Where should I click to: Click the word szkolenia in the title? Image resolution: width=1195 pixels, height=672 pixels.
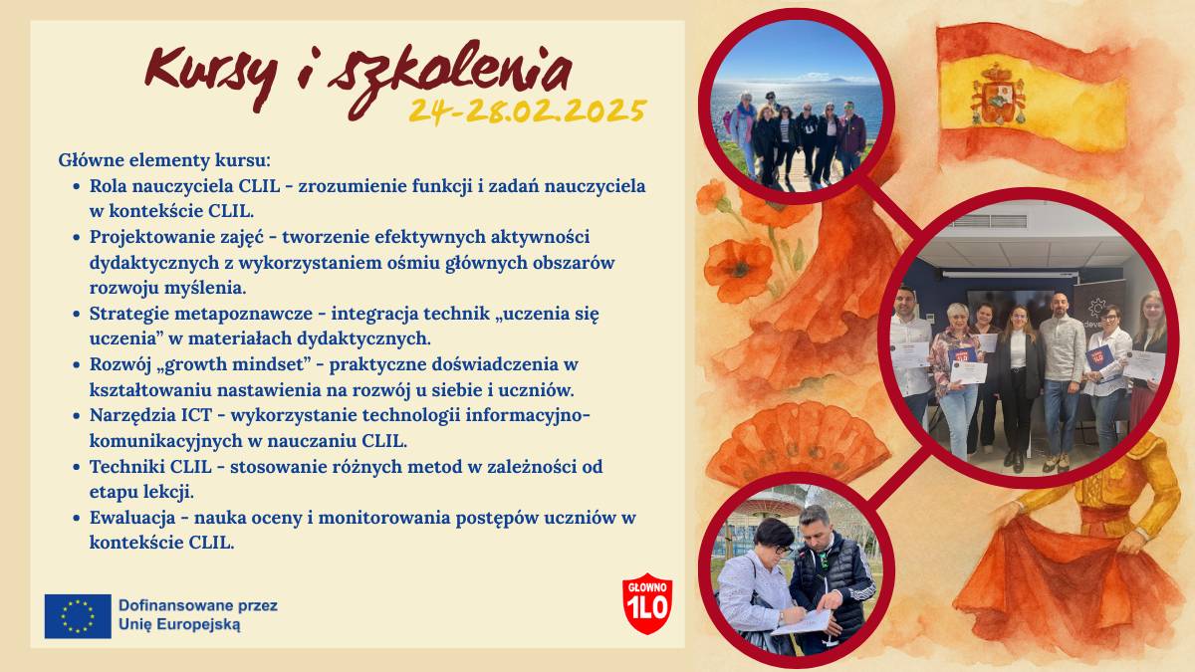450,78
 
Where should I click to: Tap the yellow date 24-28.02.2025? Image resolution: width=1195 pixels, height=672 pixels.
528,111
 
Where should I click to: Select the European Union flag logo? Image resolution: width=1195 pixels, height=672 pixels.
78,616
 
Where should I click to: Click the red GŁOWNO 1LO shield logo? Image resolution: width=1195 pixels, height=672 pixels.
647,603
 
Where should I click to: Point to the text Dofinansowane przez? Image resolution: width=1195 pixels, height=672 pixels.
198,606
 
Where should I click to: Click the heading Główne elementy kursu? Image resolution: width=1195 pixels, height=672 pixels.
164,160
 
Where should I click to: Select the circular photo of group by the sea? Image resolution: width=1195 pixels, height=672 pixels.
797,107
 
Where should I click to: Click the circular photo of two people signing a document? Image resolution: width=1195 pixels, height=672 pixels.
797,569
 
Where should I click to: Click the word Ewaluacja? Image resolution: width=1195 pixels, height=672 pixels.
132,518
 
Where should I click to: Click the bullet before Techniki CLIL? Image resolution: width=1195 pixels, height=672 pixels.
77,468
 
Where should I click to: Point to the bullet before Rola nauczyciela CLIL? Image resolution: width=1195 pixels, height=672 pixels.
77,187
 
